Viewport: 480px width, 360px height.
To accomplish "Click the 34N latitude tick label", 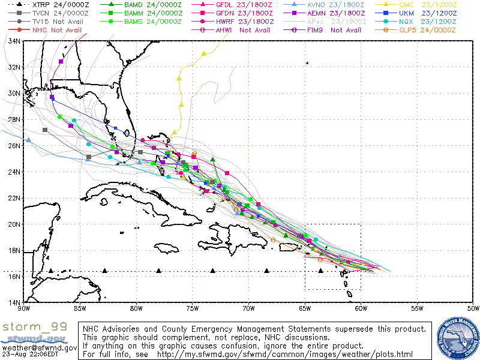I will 14,41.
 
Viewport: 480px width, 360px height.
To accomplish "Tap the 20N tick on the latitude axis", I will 14,224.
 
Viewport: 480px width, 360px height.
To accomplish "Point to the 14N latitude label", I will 14,302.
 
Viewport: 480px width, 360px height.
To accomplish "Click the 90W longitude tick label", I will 24,308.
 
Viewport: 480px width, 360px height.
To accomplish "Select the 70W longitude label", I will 248,308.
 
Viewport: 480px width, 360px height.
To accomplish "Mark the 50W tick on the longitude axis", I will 473,308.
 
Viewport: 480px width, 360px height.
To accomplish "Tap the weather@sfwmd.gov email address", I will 39,347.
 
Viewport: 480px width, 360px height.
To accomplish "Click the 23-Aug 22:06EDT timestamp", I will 29,355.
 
